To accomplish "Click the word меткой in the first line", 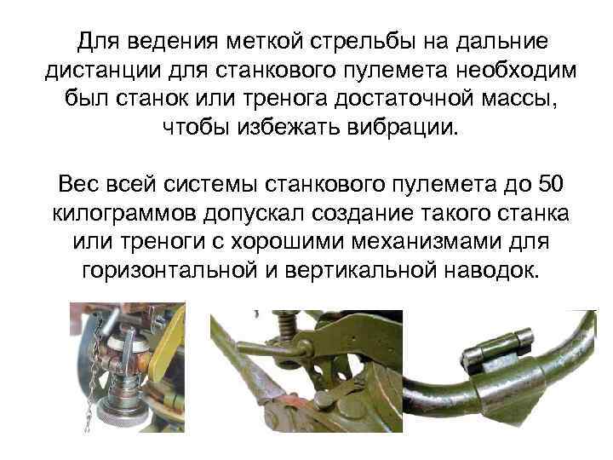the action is pos(265,42).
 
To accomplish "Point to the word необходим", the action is pos(516,71).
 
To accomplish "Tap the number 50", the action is pos(551,183).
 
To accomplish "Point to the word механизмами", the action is pos(427,242).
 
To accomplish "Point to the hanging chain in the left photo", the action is pos(94,376).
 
